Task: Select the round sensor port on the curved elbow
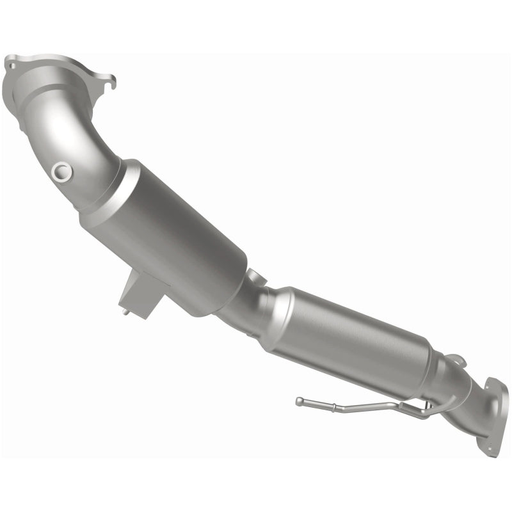(61, 171)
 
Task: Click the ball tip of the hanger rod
(299, 401)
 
